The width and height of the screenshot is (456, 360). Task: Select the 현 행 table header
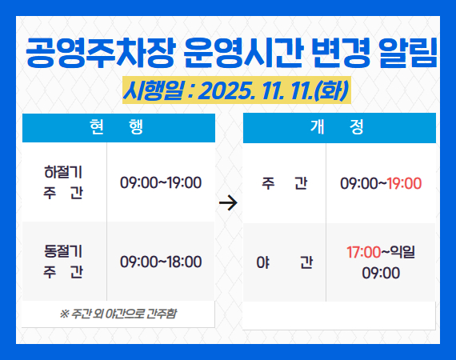[118, 127]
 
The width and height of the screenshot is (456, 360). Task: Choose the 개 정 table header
[339, 127]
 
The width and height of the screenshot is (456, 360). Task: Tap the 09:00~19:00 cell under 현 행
[161, 182]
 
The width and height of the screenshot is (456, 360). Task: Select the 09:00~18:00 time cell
[161, 262]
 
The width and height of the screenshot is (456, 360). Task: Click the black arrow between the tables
[228, 203]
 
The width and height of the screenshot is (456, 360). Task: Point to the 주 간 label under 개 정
[284, 183]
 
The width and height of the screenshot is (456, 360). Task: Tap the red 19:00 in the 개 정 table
[404, 183]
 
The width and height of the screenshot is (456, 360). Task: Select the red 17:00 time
[363, 252]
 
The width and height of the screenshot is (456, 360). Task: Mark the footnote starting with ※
[118, 313]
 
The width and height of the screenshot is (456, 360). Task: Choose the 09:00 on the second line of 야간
[381, 273]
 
